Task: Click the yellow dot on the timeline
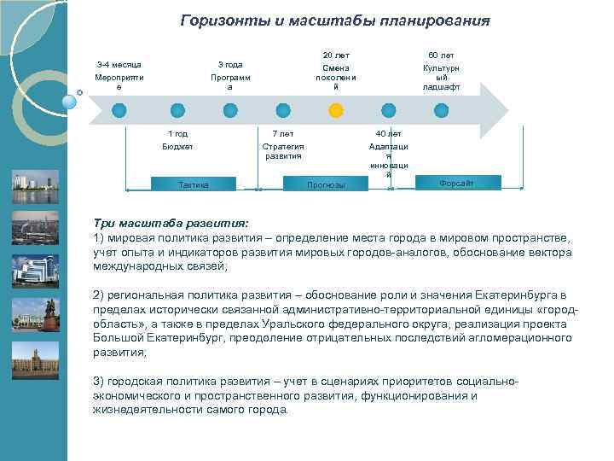pos(336,110)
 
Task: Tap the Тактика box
pos(193,184)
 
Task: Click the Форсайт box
pos(456,184)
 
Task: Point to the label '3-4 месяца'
pos(119,65)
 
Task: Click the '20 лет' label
pos(336,55)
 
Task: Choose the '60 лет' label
pos(441,55)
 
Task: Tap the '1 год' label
pos(177,134)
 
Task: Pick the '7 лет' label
pos(282,134)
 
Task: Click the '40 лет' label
pos(388,134)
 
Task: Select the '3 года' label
pos(229,65)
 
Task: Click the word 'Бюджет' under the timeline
pos(177,146)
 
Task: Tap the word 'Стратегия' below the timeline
pos(282,146)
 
